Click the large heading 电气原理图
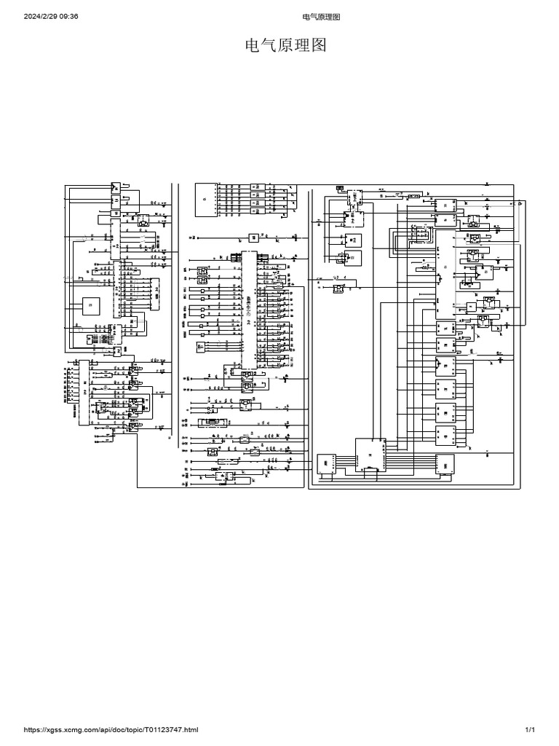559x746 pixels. [284, 47]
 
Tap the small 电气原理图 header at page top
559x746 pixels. [320, 17]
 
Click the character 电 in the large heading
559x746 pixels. [250, 47]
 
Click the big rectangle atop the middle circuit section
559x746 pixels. [206, 198]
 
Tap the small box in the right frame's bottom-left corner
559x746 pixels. [325, 465]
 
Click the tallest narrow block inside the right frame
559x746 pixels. [445, 273]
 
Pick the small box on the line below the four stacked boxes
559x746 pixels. [253, 236]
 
